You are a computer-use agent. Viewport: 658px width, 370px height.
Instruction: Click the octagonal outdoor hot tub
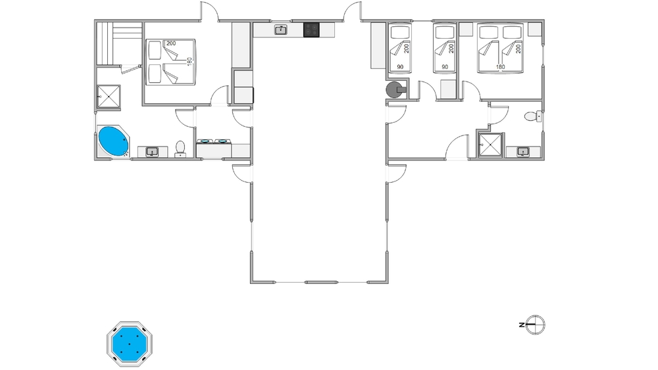click(x=129, y=344)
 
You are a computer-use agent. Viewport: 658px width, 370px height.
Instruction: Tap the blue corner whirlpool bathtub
click(x=113, y=141)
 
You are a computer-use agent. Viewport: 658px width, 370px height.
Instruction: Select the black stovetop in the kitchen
click(x=311, y=30)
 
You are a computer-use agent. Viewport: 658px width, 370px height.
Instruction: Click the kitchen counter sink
click(x=281, y=30)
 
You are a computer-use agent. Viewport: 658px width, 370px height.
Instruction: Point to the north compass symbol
click(x=536, y=325)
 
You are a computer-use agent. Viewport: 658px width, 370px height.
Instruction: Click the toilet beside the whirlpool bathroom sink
click(x=180, y=149)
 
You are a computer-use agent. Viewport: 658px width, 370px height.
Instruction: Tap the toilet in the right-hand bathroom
click(x=532, y=116)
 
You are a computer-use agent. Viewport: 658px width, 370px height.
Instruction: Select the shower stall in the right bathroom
click(x=491, y=145)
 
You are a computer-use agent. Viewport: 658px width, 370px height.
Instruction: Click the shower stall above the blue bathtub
click(x=109, y=97)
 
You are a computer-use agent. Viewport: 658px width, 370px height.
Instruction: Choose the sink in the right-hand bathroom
click(x=523, y=152)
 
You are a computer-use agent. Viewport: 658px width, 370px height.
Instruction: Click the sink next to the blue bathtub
click(x=152, y=152)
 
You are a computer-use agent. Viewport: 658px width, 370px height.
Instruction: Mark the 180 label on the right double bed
click(x=500, y=67)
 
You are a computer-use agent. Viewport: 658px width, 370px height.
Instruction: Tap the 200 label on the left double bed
click(x=171, y=43)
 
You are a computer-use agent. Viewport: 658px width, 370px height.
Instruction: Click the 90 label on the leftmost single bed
click(x=400, y=67)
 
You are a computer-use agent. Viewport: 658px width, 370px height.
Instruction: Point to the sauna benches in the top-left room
click(x=120, y=43)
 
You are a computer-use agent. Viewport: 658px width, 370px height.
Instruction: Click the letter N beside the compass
click(x=522, y=325)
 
